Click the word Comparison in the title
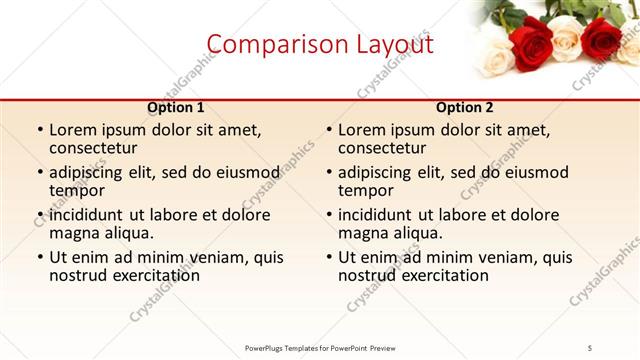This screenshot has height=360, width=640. [x=268, y=44]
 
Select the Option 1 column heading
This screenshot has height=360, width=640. [x=176, y=108]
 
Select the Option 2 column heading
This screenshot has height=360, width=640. [x=465, y=108]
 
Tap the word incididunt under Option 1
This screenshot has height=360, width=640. [x=86, y=215]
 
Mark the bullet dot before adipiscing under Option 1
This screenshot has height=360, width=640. [x=40, y=173]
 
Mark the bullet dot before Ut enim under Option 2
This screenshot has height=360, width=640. [x=329, y=258]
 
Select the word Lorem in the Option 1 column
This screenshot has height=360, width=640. [x=74, y=130]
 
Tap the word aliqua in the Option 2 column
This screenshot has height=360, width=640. [x=417, y=233]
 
